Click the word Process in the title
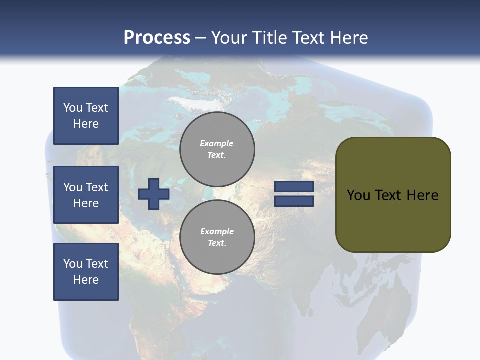pos(157,38)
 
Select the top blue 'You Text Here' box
pos(86,116)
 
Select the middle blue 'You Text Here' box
pos(86,195)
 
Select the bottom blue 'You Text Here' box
pos(86,272)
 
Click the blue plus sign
pos(154,194)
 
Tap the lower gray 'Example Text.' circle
pos(217,237)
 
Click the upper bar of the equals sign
pos(294,187)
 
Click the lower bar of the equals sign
pos(294,201)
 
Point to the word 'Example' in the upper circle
pos(217,143)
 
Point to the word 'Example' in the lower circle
pos(217,231)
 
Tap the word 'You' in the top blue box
pos(73,108)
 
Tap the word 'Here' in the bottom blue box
pos(86,280)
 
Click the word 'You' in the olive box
pos(358,195)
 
